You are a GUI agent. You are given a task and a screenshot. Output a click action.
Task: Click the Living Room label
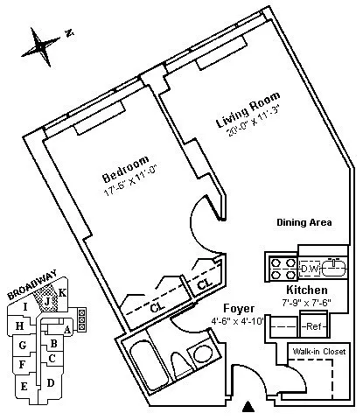pyautogui.click(x=248, y=109)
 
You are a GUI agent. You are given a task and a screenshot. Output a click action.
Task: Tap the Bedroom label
pyautogui.click(x=126, y=169)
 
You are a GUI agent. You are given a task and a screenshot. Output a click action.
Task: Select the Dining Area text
pyautogui.click(x=304, y=222)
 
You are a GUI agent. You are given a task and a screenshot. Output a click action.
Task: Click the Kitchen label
pyautogui.click(x=307, y=290)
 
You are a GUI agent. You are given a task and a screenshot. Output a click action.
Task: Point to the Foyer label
pyautogui.click(x=239, y=309)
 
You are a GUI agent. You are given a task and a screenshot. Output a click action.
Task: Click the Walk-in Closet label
pyautogui.click(x=319, y=351)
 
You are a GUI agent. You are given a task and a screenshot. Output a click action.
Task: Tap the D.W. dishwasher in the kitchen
pyautogui.click(x=310, y=269)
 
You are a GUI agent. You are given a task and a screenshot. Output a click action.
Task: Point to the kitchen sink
pyautogui.click(x=334, y=267)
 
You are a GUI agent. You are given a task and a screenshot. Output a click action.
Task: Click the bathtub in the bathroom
pyautogui.click(x=148, y=366)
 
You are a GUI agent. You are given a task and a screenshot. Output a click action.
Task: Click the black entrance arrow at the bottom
pyautogui.click(x=248, y=407)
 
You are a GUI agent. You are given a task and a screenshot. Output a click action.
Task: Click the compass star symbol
pyautogui.click(x=41, y=46)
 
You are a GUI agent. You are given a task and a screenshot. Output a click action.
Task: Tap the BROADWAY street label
pyautogui.click(x=31, y=284)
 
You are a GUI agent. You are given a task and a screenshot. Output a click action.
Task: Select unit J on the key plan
pyautogui.click(x=46, y=301)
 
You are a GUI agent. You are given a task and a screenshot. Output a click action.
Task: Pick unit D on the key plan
pyautogui.click(x=51, y=382)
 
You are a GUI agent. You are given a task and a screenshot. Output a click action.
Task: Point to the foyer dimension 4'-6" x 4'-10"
pyautogui.click(x=238, y=321)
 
